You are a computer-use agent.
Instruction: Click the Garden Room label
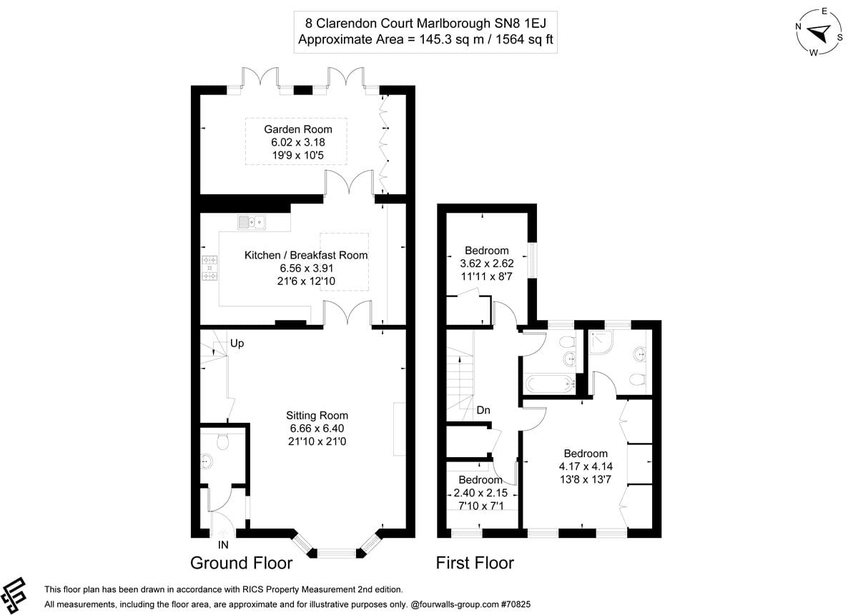click(298, 129)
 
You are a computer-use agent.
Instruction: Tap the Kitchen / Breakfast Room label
click(306, 255)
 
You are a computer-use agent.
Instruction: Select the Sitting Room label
click(317, 415)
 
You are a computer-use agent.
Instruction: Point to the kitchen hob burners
click(210, 268)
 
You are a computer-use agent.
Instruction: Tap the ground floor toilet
click(221, 442)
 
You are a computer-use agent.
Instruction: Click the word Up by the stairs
click(237, 344)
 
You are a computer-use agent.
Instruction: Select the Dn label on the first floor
click(483, 411)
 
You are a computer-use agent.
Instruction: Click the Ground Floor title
click(241, 563)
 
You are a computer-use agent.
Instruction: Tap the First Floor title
click(475, 563)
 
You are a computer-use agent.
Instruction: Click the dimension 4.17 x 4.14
click(586, 466)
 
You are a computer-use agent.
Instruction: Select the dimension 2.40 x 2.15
click(480, 493)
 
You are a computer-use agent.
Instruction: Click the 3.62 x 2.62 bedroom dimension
click(486, 263)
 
